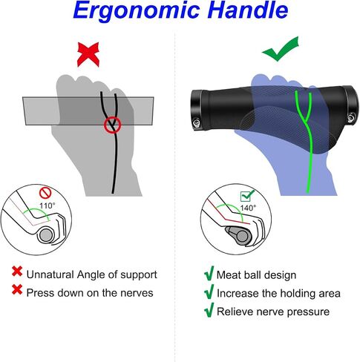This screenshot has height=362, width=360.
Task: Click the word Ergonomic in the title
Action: click(137, 11)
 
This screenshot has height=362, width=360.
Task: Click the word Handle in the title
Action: click(248, 10)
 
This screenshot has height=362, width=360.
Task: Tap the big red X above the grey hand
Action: click(88, 54)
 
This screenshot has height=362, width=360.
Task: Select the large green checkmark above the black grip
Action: click(281, 49)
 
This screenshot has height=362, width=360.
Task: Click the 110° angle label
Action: click(48, 205)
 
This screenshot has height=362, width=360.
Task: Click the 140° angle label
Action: click(248, 208)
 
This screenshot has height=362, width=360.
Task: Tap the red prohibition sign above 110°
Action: click(45, 193)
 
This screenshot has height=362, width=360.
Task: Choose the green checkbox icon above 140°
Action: click(247, 196)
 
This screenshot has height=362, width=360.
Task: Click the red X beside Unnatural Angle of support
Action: click(17, 271)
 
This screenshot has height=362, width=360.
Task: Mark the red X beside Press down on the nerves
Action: click(17, 289)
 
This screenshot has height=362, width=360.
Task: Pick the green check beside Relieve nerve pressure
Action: click(209, 310)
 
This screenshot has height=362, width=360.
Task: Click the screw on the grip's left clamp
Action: click(197, 123)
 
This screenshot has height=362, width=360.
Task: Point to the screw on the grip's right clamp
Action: click(350, 117)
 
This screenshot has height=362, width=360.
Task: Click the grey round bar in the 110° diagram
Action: click(45, 235)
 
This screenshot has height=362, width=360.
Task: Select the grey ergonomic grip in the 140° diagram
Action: click(238, 236)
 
